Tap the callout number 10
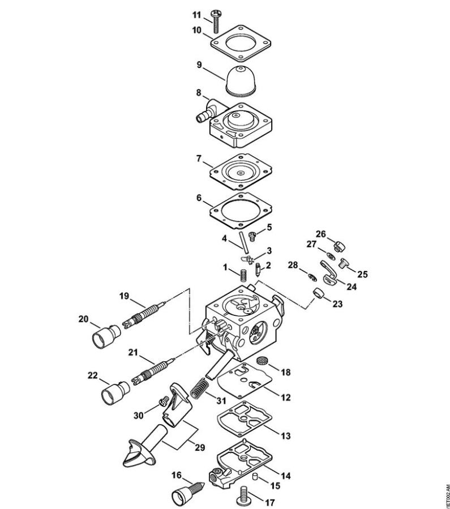pos(196,30)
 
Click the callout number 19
pos(125,295)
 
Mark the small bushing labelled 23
pos(319,293)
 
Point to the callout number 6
pos(199,199)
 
